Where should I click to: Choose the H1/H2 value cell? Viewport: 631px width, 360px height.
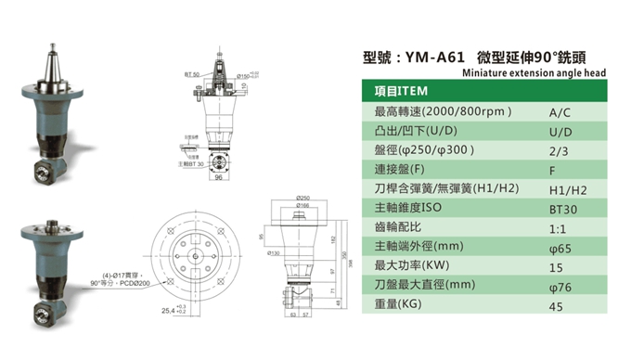562,189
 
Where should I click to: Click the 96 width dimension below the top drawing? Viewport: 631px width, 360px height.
218,177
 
